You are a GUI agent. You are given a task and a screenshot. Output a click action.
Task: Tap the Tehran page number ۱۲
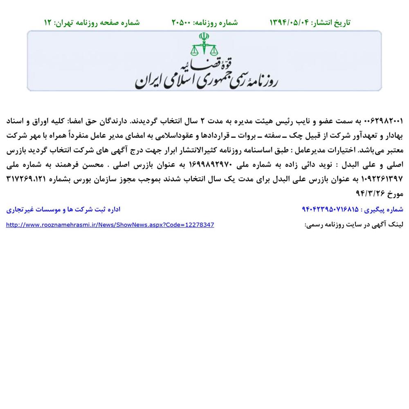click(48, 22)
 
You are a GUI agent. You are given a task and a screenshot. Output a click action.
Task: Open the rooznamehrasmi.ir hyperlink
click(110, 225)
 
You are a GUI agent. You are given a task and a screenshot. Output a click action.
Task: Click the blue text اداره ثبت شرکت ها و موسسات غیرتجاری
click(63, 209)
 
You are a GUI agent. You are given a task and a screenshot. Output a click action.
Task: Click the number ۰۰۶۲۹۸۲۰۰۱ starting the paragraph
click(383, 121)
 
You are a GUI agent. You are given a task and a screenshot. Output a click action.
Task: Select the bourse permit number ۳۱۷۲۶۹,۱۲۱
click(32, 179)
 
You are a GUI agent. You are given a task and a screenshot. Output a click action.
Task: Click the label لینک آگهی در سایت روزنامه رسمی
click(354, 225)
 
